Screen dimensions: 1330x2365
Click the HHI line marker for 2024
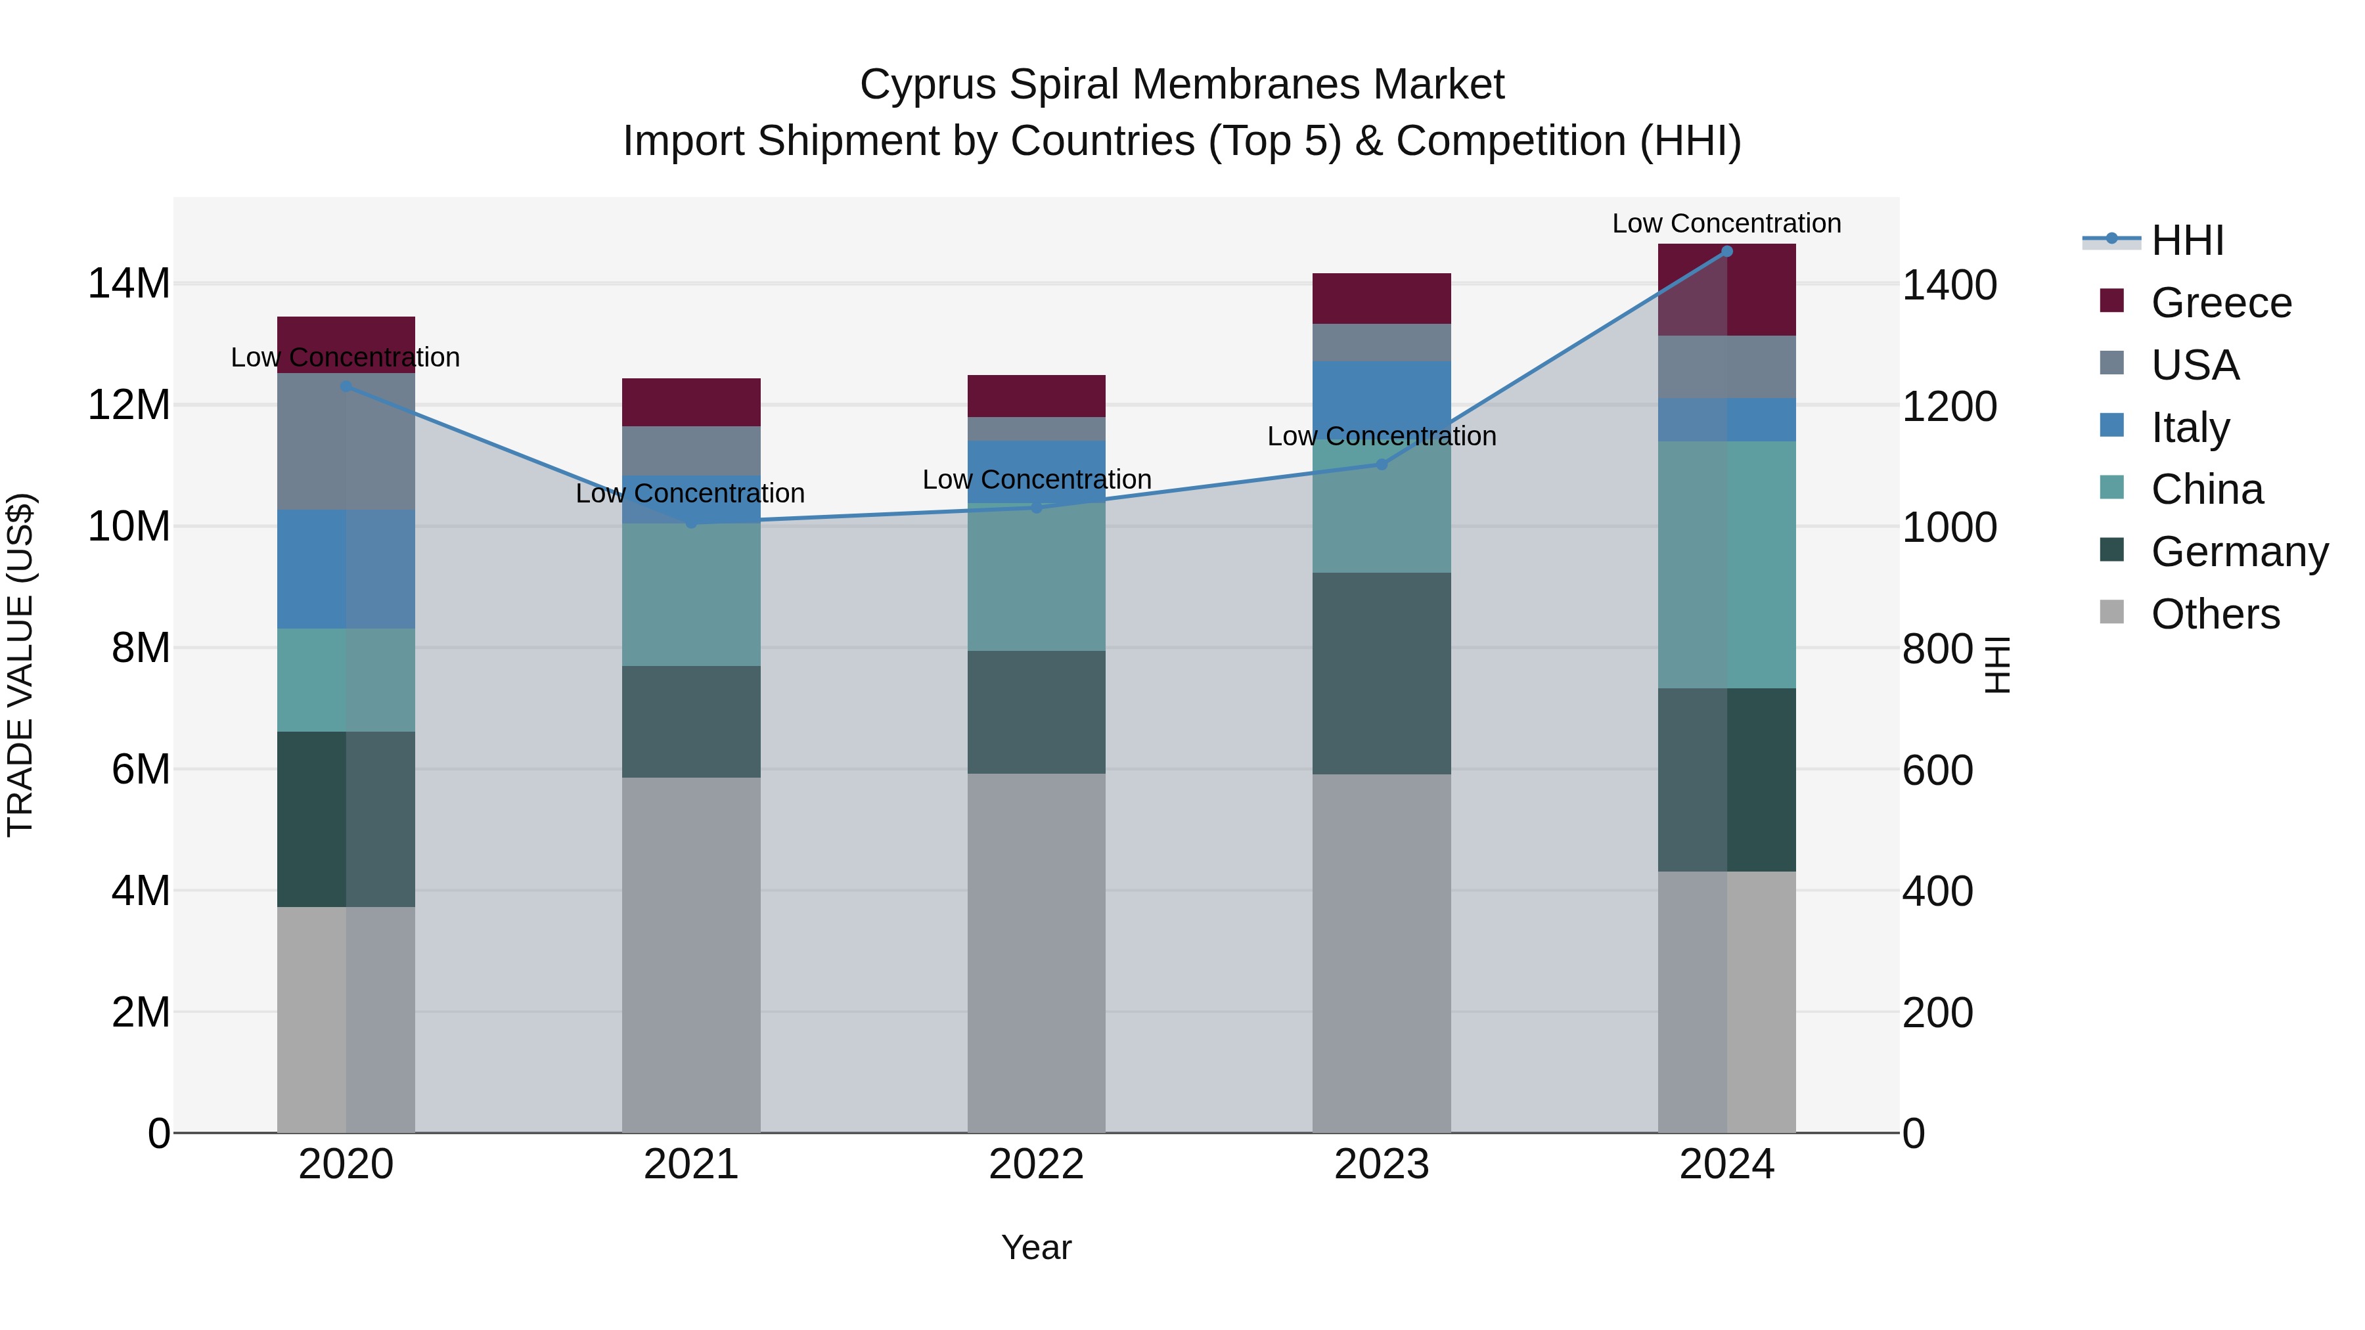1726,252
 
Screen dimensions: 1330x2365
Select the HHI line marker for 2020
346,386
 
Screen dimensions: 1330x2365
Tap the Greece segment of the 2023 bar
1381,298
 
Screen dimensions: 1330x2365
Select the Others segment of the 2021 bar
690,954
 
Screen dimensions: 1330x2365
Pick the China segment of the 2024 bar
1726,564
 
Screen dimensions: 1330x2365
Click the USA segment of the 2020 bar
346,441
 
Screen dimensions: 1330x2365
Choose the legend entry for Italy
2189,428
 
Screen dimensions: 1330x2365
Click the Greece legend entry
2220,303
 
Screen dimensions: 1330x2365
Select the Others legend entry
2215,614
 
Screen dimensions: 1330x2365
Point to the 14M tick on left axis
129,284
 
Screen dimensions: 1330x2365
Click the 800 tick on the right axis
1937,649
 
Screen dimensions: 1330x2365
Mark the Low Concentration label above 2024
1726,223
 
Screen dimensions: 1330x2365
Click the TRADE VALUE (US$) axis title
20,665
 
